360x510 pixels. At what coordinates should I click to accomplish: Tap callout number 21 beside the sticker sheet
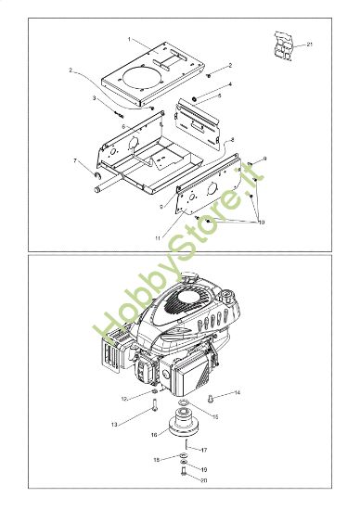click(309, 45)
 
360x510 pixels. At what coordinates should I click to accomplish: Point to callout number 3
click(94, 97)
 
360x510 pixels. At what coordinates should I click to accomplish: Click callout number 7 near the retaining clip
click(75, 161)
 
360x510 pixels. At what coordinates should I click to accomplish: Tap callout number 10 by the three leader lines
click(261, 223)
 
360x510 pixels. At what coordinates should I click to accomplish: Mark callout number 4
click(229, 84)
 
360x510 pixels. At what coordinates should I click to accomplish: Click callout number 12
click(123, 398)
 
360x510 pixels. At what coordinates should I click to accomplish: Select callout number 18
click(157, 459)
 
